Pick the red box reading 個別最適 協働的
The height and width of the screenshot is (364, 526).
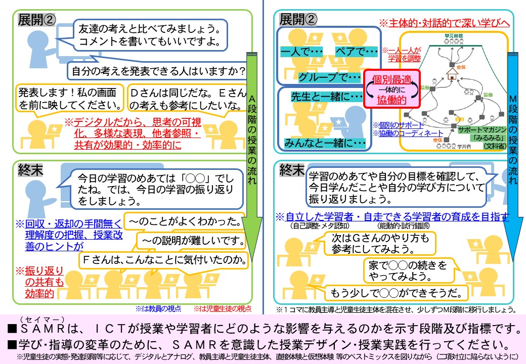(391, 89)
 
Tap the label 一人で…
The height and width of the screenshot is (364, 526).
(301, 52)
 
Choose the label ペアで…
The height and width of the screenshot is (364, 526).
(356, 52)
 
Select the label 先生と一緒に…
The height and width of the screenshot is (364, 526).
(326, 96)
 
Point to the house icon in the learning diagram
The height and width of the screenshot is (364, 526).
(452, 74)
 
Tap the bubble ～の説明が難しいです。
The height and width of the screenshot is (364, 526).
(192, 241)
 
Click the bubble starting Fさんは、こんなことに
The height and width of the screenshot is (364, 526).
(164, 261)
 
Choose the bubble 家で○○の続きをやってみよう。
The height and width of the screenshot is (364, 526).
(410, 270)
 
